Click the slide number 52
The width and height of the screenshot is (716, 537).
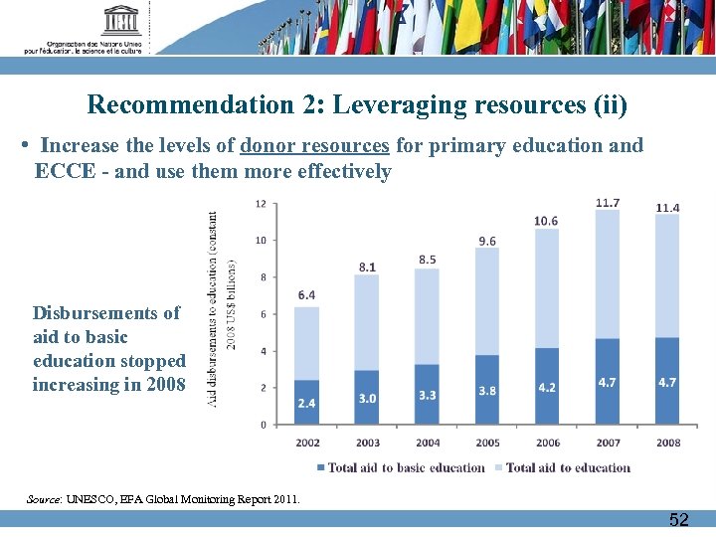[679, 519]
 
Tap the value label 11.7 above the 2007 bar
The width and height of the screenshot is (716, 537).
[608, 203]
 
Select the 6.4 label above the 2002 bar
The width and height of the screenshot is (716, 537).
[306, 295]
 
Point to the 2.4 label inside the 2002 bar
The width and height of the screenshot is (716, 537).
[306, 404]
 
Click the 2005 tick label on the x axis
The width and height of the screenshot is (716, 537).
[487, 443]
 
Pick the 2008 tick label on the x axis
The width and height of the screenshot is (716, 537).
[668, 443]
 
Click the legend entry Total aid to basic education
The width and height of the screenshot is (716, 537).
[400, 467]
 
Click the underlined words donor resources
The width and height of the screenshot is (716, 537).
[314, 146]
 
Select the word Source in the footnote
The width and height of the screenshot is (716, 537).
[44, 499]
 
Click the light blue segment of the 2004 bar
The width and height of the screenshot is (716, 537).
[427, 313]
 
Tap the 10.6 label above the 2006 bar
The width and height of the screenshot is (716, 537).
[546, 221]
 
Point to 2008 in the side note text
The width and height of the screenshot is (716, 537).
[163, 385]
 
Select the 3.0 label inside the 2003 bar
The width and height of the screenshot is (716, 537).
[367, 398]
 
